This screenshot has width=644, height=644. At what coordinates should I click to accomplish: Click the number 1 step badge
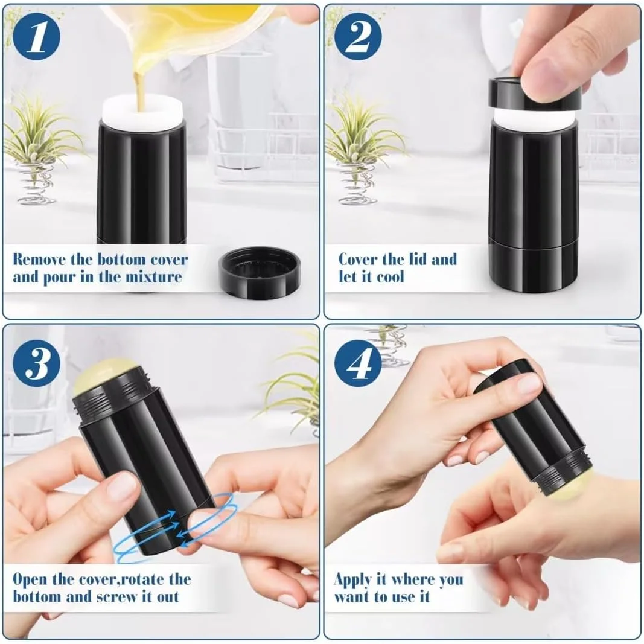[37, 37]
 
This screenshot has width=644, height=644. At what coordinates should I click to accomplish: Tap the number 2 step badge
[358, 37]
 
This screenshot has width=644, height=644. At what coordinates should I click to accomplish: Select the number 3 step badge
[37, 363]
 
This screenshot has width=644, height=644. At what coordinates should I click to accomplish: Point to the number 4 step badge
[358, 363]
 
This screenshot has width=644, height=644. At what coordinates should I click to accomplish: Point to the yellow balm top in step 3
[103, 375]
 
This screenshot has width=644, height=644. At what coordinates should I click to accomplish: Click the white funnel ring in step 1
[142, 112]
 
